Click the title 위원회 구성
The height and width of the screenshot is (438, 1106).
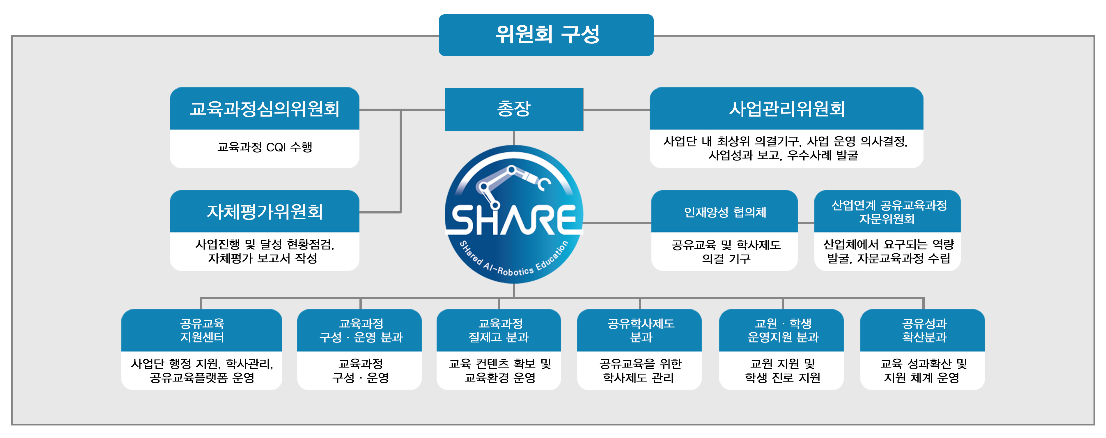(547, 34)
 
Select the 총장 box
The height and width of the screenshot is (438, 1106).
(514, 109)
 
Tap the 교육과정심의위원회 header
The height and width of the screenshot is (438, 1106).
(265, 108)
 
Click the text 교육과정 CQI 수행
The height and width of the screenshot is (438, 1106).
(265, 147)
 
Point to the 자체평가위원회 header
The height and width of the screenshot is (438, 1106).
(265, 211)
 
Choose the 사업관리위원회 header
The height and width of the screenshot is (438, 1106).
(786, 108)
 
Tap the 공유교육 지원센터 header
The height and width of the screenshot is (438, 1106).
(202, 330)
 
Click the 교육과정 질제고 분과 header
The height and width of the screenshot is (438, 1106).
(499, 330)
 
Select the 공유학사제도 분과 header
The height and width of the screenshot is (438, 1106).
(639, 330)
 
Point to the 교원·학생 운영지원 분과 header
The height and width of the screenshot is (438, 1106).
(781, 330)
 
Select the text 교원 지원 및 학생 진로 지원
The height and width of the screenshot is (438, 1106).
(782, 371)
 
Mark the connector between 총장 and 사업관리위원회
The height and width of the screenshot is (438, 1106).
(616, 110)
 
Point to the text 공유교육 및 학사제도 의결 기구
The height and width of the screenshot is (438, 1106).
(726, 252)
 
